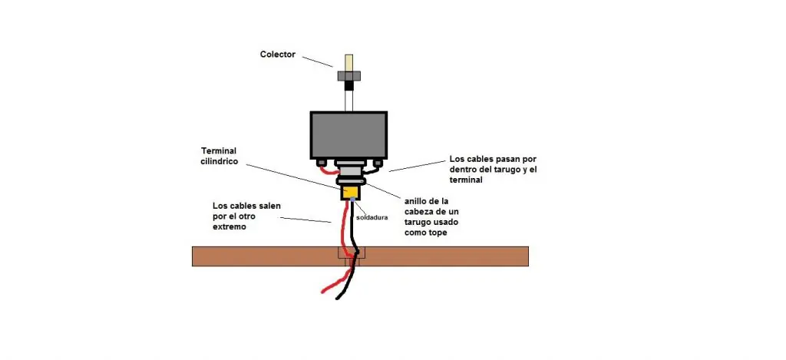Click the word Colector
click(x=278, y=54)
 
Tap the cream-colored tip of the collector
click(x=348, y=62)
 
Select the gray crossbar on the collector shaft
click(x=349, y=75)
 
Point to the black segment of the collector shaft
click(x=349, y=84)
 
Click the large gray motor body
click(x=349, y=135)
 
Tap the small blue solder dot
click(x=353, y=200)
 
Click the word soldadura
click(x=372, y=217)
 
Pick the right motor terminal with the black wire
click(x=378, y=163)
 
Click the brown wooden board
click(x=361, y=256)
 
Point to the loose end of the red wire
click(x=323, y=292)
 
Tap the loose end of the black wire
click(x=338, y=299)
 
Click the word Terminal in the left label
click(x=219, y=150)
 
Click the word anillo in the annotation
click(x=416, y=200)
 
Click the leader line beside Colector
click(x=317, y=61)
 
